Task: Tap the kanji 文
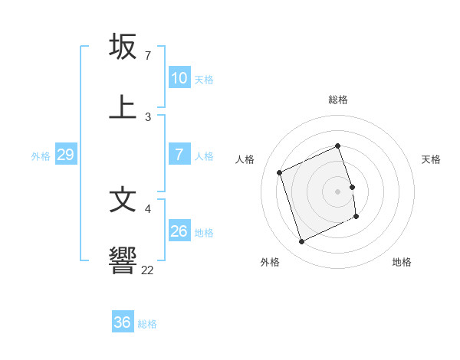pyautogui.click(x=123, y=199)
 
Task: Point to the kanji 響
pyautogui.click(x=123, y=260)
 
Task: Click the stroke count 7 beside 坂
pyautogui.click(x=147, y=56)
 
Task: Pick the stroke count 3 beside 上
pyautogui.click(x=147, y=116)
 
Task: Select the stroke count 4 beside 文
pyautogui.click(x=147, y=208)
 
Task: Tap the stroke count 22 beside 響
pyautogui.click(x=148, y=270)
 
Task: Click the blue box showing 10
pyautogui.click(x=179, y=78)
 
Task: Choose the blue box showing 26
pyautogui.click(x=179, y=231)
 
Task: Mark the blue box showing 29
pyautogui.click(x=65, y=155)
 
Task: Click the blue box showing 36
pyautogui.click(x=122, y=322)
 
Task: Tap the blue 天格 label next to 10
pyautogui.click(x=203, y=79)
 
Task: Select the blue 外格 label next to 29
pyautogui.click(x=41, y=156)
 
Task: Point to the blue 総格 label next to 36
pyautogui.click(x=147, y=324)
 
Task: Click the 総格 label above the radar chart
pyautogui.click(x=337, y=100)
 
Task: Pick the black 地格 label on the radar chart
pyautogui.click(x=402, y=262)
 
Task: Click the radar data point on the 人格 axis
pyautogui.click(x=280, y=172)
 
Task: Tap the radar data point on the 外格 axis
pyautogui.click(x=301, y=242)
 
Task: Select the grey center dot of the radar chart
pyautogui.click(x=337, y=191)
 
